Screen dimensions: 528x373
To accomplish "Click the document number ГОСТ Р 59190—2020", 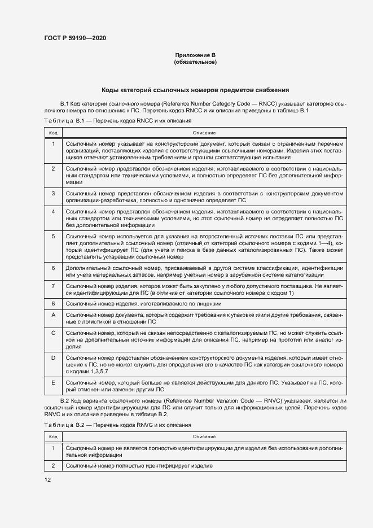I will [x=74, y=38].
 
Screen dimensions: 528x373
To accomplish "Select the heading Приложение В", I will [x=195, y=55].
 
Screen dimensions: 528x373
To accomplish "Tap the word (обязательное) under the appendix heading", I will [x=195, y=62].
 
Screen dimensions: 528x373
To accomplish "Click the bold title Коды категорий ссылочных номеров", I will [x=195, y=89].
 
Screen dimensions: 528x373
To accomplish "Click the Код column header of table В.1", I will [x=53, y=133].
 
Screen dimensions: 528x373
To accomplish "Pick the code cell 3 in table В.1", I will [x=53, y=193].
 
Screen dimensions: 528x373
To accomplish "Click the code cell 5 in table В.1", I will [x=53, y=235].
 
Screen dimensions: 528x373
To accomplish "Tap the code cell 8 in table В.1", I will [x=53, y=303].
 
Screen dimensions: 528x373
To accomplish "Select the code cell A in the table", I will [x=53, y=314].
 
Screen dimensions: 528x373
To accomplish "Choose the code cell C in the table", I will [x=53, y=333].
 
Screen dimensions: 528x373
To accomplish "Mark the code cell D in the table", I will [x=53, y=358].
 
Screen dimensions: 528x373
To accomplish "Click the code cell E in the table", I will [x=53, y=383].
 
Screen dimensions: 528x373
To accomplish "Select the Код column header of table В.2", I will [x=53, y=437].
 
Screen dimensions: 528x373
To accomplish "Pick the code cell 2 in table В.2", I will [x=53, y=466].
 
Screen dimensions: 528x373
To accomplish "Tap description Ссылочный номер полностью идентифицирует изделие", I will [x=139, y=466].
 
